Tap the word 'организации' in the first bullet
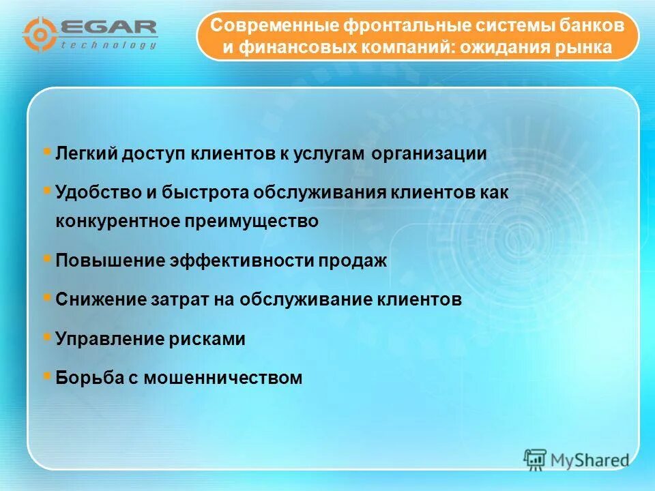pyautogui.click(x=429, y=154)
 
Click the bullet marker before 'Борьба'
pyautogui.click(x=46, y=374)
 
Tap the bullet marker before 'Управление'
pyautogui.click(x=46, y=336)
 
